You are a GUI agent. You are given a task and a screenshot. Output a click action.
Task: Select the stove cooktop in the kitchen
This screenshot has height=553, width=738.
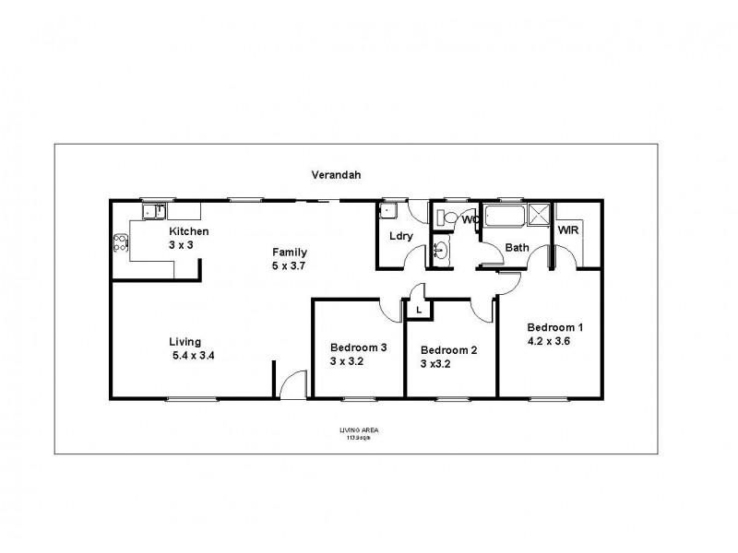(120, 244)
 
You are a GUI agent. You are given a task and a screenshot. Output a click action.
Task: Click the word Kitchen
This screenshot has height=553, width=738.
(188, 231)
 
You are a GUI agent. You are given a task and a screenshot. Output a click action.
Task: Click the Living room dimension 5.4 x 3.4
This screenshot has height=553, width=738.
(194, 355)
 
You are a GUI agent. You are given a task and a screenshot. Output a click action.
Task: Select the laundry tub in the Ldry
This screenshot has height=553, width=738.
(388, 210)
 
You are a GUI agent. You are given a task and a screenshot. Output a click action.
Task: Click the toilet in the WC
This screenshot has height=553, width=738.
(443, 218)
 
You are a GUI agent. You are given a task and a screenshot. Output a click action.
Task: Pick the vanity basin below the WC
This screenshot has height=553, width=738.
(441, 249)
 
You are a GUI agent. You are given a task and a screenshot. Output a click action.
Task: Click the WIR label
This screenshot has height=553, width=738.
(567, 230)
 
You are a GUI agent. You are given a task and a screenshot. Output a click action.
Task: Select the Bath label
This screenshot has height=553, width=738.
(517, 247)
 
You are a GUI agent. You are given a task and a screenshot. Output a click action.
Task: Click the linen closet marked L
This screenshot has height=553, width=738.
(420, 311)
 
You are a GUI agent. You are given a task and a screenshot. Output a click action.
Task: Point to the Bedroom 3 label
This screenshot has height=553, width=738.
(358, 347)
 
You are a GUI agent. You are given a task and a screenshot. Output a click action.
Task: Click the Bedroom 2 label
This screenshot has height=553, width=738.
(448, 350)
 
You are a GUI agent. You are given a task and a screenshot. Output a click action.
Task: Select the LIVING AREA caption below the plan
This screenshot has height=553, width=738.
(359, 430)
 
